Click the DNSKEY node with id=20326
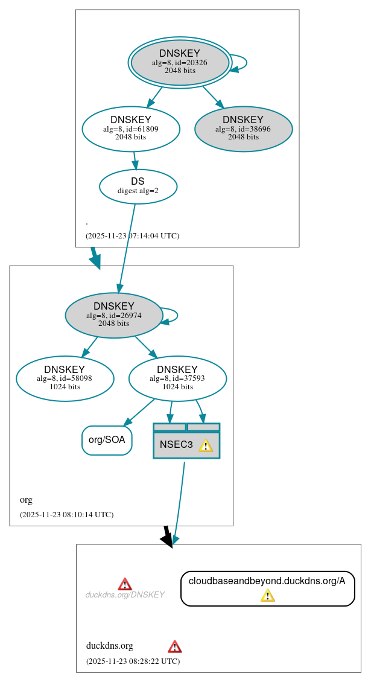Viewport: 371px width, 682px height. click(180, 62)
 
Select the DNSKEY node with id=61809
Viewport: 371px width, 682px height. click(131, 128)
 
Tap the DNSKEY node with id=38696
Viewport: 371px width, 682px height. click(243, 129)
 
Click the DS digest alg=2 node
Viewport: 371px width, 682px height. click(138, 186)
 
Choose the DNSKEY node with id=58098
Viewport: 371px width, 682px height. click(65, 378)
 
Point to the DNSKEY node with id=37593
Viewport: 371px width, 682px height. click(177, 378)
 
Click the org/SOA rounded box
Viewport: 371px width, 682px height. click(107, 440)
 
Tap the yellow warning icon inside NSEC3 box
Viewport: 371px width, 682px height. click(206, 445)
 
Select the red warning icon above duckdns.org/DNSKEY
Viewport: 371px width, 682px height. click(125, 584)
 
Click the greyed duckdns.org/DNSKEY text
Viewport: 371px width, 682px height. click(125, 595)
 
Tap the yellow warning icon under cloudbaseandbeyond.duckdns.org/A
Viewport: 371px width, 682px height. click(267, 596)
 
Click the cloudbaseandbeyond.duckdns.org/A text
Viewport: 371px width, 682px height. click(267, 581)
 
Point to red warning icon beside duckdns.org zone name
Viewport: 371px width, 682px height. click(174, 646)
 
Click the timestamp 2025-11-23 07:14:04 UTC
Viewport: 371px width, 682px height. click(133, 236)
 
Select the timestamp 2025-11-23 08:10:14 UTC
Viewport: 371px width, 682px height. click(66, 515)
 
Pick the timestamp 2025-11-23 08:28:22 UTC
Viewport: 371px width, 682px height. click(133, 661)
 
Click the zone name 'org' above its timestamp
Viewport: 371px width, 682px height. click(26, 500)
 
